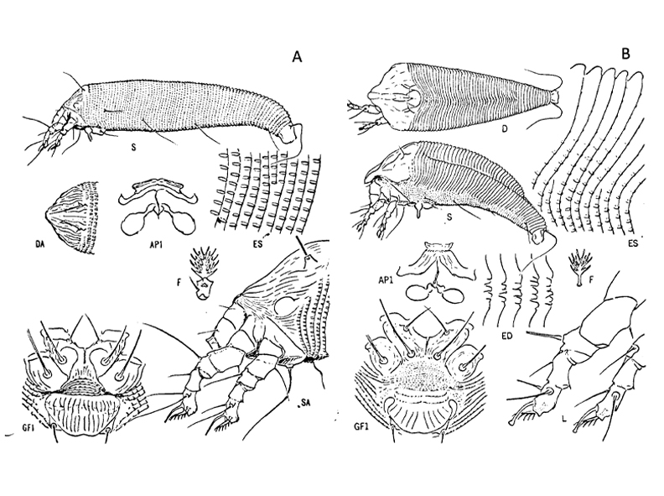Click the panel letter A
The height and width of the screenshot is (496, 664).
(x=298, y=56)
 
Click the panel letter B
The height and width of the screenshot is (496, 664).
(x=626, y=54)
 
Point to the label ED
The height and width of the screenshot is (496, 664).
(x=508, y=336)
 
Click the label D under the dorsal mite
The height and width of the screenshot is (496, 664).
(x=505, y=129)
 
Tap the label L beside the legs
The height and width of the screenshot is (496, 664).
(x=564, y=420)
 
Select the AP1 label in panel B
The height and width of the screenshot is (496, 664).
(x=387, y=280)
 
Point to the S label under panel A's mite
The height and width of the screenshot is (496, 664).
(x=133, y=147)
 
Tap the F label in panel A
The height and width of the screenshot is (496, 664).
(x=179, y=282)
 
